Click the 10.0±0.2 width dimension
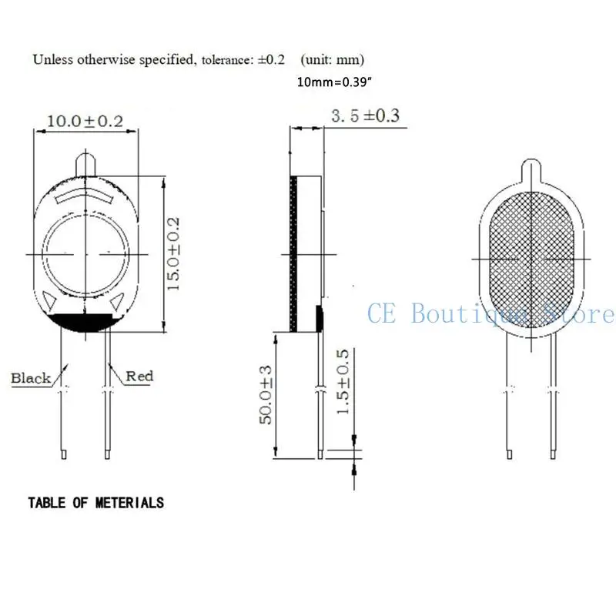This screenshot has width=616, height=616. click(x=85, y=121)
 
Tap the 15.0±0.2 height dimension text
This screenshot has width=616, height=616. click(x=174, y=253)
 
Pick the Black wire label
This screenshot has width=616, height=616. click(x=31, y=378)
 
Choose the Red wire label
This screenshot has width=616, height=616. click(x=139, y=376)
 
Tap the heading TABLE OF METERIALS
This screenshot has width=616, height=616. click(x=95, y=503)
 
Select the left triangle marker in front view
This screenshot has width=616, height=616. click(x=50, y=300)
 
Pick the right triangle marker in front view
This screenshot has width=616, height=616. click(x=118, y=303)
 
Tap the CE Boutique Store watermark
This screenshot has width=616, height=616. click(x=490, y=314)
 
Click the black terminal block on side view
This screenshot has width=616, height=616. click(x=319, y=316)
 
